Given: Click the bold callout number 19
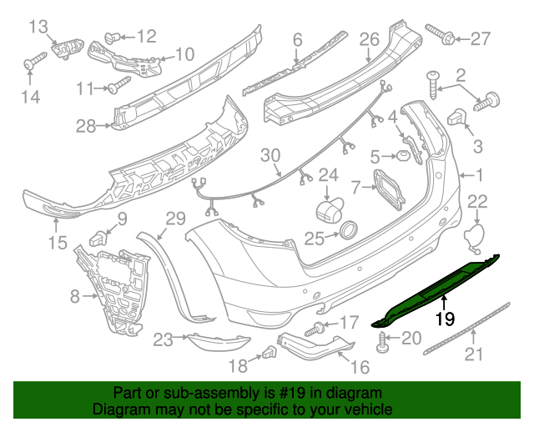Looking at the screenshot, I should pos(445,317).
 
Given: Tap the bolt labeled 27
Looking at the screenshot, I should pos(439,35).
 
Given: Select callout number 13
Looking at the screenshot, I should pos(39,28).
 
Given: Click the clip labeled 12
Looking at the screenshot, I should pos(114,36).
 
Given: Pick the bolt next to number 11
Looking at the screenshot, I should pos(119,84).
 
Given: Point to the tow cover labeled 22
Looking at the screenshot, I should pos(473,235).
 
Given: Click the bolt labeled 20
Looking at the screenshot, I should pos(384,341).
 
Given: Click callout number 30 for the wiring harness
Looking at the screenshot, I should pos(271,155).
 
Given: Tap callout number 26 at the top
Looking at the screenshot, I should pos(370,40).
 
